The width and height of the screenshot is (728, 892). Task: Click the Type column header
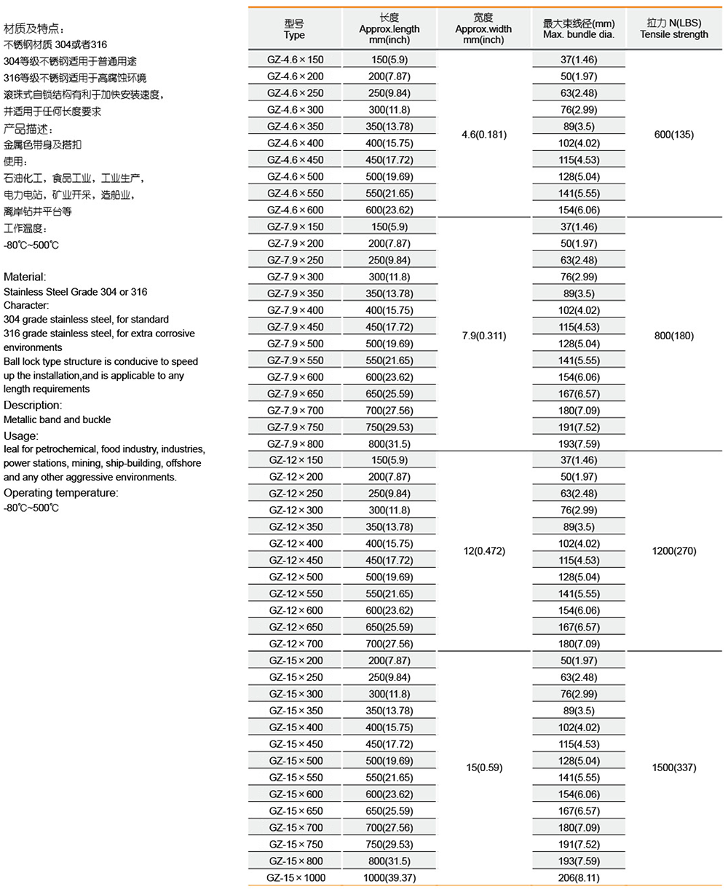pos(295,29)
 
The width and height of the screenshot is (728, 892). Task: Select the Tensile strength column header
pos(673,29)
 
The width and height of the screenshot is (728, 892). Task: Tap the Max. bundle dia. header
pos(579,29)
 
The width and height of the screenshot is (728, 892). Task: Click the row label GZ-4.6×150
pos(296,60)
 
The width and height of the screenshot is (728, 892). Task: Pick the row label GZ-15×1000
pos(296,878)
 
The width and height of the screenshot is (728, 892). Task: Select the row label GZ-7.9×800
pos(296,443)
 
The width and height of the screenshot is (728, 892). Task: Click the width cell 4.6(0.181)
pos(484,135)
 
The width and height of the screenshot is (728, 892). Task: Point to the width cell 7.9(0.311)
pos(484,336)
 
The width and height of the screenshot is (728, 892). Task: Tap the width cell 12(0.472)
pos(484,551)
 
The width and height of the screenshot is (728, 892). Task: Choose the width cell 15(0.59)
pos(484,767)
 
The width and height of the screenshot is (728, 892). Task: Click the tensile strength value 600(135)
pos(673,135)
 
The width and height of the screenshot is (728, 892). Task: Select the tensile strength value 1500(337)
pos(673,767)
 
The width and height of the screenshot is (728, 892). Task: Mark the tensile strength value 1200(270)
pos(673,551)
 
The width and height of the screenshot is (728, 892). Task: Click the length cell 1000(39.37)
pos(389,878)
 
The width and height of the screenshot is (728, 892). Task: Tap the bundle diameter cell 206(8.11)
pos(579,878)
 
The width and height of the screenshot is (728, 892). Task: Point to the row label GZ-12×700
pos(296,644)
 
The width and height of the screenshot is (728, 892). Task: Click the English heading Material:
pos(25,277)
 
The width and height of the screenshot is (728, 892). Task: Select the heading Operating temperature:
pos(61,493)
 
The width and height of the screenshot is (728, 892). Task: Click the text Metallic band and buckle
pos(58,419)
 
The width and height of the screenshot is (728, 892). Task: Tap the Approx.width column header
pos(483,29)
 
